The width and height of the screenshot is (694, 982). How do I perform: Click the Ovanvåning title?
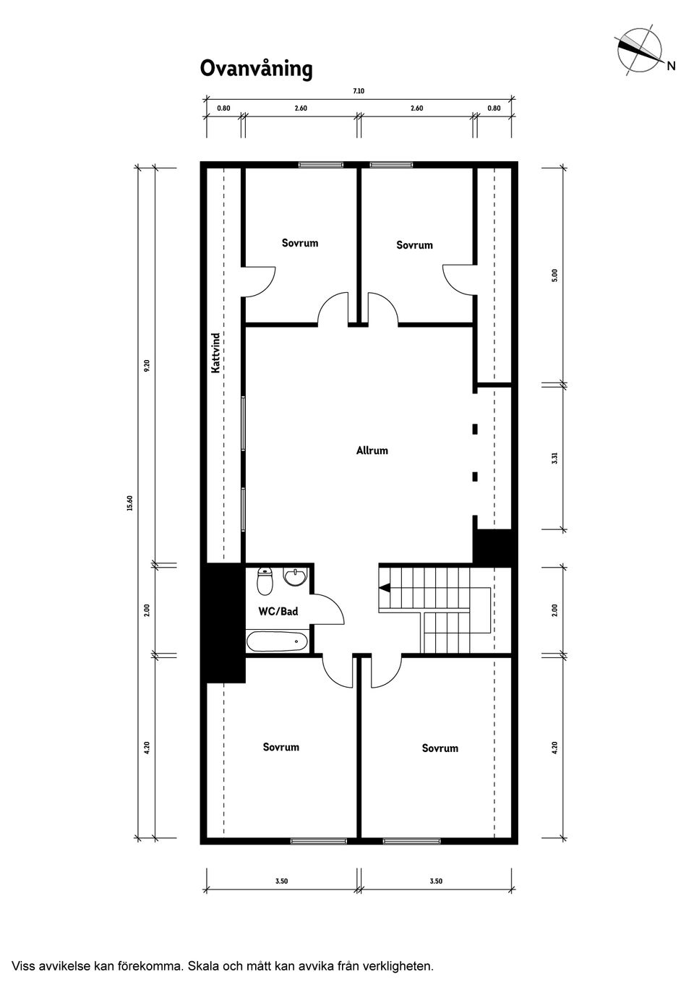point(256,69)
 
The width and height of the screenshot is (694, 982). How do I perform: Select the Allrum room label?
point(372,451)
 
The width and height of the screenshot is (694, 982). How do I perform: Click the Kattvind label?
point(215,354)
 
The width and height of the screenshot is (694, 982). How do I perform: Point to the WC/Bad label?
point(278,612)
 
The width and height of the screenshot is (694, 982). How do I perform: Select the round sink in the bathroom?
point(295,576)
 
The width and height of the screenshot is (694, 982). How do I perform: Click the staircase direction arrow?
point(385,587)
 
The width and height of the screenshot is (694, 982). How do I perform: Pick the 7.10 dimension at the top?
point(359,91)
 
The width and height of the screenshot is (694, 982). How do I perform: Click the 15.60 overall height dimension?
point(130,503)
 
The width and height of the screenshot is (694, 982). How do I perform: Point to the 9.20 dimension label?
point(147,366)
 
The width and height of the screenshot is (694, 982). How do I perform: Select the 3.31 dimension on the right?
point(554,458)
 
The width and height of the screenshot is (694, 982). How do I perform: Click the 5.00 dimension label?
point(554,276)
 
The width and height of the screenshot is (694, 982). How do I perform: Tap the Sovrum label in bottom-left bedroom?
point(280,747)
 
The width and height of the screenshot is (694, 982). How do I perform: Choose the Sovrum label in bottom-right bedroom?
point(440,748)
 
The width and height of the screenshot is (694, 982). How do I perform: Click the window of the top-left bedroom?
point(321,165)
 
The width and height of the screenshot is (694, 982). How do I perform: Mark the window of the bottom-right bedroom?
point(411,841)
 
